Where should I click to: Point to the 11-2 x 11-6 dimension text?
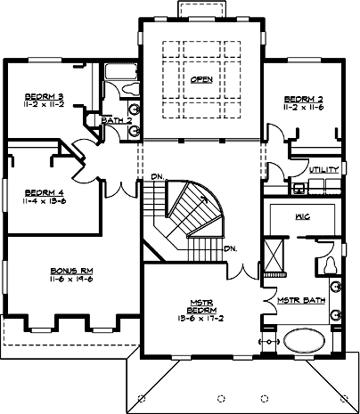(302, 107)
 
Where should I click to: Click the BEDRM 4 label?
(43, 191)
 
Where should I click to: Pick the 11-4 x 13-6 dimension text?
(43, 201)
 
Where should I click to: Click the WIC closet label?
(300, 215)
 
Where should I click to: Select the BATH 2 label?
(116, 120)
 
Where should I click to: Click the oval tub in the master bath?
(306, 343)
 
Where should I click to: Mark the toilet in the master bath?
(329, 265)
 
